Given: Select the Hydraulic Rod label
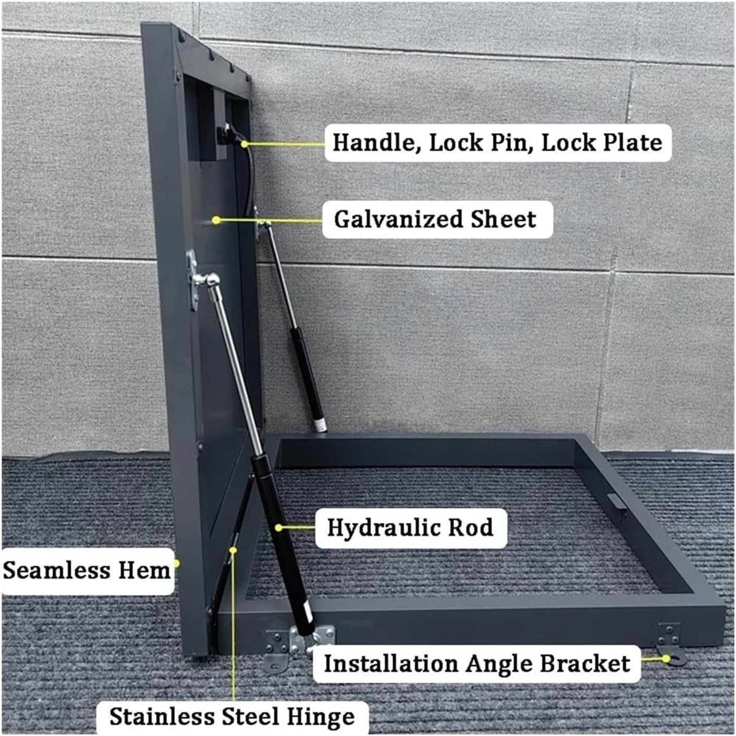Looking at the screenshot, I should [x=410, y=528].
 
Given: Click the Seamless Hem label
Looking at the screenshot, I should [x=87, y=570].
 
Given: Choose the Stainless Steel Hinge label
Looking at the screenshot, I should [x=232, y=717].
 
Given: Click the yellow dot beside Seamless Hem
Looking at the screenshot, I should [x=176, y=563].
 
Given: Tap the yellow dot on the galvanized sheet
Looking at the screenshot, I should [x=216, y=220].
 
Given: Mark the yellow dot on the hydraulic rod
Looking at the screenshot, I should [x=279, y=528].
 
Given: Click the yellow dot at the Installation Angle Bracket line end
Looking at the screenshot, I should [x=666, y=659].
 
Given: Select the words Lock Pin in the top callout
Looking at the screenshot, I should [x=481, y=142].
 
